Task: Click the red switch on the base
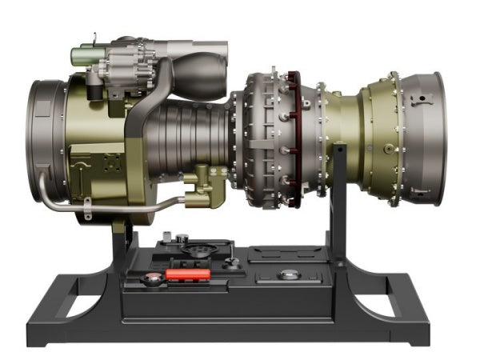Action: point(187,274)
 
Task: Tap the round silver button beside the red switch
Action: point(152,279)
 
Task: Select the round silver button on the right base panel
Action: point(289,274)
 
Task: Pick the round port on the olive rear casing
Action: point(389,148)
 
